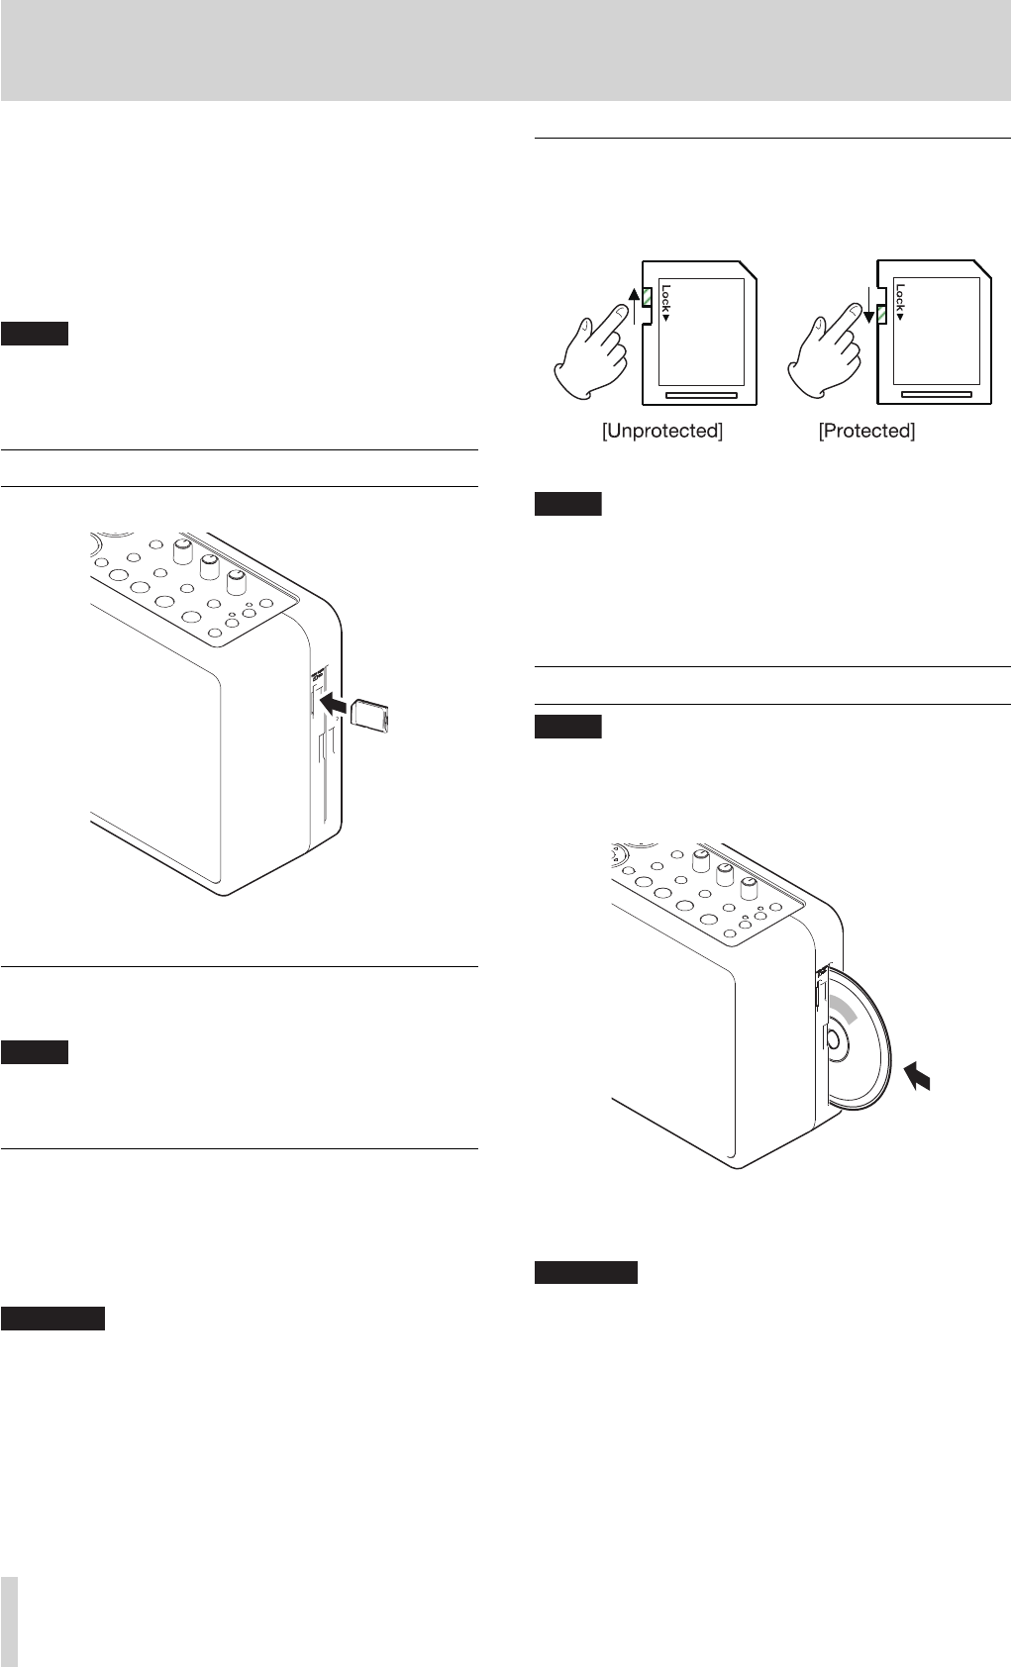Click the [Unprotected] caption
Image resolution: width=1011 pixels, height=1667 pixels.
(662, 432)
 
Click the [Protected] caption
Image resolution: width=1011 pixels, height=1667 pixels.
(866, 432)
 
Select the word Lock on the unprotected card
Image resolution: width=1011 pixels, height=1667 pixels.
(665, 303)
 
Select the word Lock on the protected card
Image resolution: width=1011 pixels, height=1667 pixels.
(899, 303)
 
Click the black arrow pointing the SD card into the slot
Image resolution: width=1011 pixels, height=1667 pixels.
(334, 707)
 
